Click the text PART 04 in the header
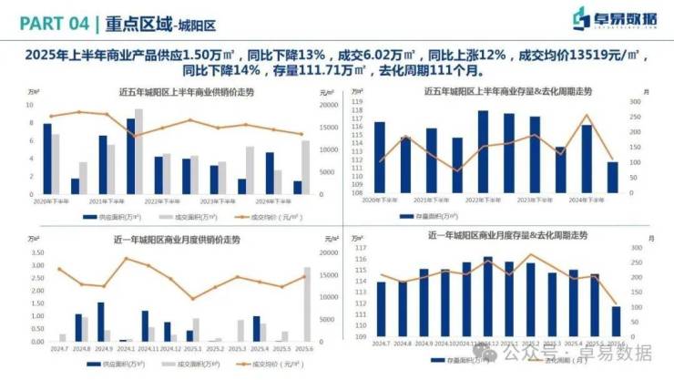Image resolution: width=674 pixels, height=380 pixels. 52,19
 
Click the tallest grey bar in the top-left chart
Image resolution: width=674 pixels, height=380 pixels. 138,151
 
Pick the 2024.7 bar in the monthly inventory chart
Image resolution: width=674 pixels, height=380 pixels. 382,308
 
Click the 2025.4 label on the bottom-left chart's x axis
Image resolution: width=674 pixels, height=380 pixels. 260,348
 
